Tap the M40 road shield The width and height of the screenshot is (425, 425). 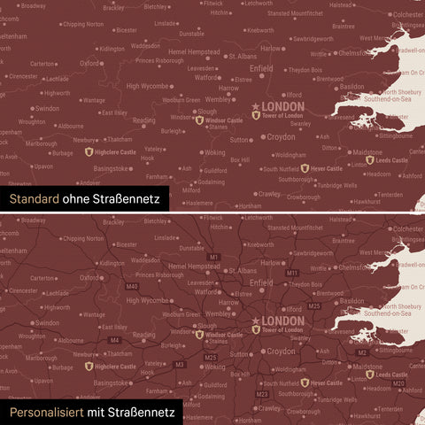coord(132,286)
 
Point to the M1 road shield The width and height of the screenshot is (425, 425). coord(212,257)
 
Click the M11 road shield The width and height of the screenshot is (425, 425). coord(291,273)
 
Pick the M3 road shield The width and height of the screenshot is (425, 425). coord(180,364)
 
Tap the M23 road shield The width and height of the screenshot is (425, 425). coord(262,393)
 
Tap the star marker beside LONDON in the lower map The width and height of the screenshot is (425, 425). coord(257,321)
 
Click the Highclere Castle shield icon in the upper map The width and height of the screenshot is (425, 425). coord(89,151)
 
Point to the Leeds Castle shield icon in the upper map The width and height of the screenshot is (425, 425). coord(369,160)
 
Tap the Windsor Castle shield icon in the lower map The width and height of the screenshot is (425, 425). coord(198,334)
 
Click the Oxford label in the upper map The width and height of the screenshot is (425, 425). coord(89,64)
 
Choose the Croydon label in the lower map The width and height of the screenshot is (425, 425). coord(282,352)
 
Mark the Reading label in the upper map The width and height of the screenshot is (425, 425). coord(143,120)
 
